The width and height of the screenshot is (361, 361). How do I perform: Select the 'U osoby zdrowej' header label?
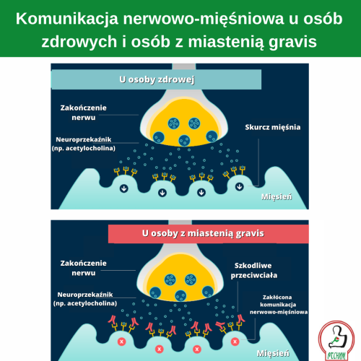157,79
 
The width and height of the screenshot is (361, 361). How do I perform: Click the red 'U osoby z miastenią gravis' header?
203,233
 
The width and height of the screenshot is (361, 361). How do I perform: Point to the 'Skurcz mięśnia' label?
273,127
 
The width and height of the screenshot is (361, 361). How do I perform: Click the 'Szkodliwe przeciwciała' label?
254,270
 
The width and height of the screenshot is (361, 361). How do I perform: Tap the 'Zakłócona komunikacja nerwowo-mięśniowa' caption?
279,305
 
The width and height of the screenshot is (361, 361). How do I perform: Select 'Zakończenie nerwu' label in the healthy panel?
83,113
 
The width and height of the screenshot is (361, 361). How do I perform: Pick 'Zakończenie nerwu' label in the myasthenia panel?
83,268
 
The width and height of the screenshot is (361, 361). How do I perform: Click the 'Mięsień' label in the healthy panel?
277,197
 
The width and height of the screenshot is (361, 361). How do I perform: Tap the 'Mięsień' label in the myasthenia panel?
273,353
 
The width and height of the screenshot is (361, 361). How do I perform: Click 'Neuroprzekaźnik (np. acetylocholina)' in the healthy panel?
84,144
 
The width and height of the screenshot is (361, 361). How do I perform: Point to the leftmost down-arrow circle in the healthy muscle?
124,188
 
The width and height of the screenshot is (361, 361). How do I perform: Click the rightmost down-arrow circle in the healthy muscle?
240,186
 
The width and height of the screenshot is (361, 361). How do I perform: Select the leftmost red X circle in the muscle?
122,342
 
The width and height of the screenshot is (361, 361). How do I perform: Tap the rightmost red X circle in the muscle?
235,342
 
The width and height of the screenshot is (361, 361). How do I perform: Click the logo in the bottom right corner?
336,341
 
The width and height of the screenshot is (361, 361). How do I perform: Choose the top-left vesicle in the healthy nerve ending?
173,123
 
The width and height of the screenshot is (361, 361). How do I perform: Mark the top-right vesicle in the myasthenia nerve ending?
191,279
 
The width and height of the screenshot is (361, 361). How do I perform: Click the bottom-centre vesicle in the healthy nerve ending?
184,140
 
